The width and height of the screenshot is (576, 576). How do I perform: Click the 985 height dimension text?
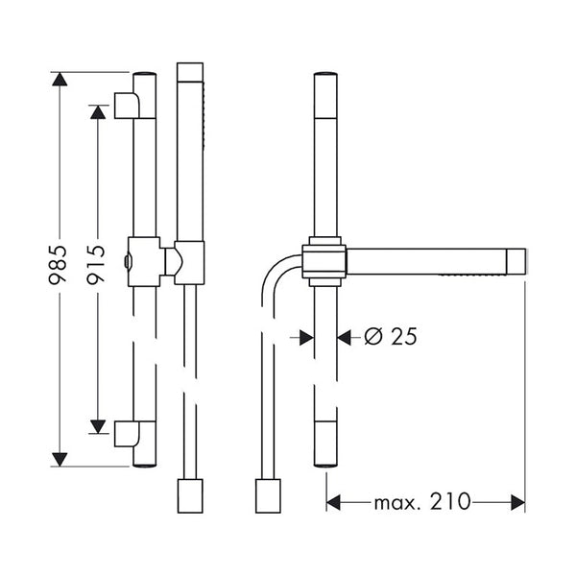tap(60, 266)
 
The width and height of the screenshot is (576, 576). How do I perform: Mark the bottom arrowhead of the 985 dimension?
tap(60, 459)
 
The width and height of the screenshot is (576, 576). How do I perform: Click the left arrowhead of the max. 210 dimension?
tap(334, 502)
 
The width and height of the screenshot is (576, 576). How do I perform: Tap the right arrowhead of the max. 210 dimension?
tap(517, 502)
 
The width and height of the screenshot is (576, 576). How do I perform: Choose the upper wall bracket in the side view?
tap(126, 105)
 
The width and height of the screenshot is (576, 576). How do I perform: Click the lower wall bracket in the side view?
tap(126, 434)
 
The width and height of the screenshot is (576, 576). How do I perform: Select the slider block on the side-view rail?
tap(144, 261)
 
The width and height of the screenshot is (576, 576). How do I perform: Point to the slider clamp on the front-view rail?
tap(324, 261)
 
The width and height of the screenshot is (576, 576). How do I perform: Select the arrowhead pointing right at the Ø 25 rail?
tap(305, 337)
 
